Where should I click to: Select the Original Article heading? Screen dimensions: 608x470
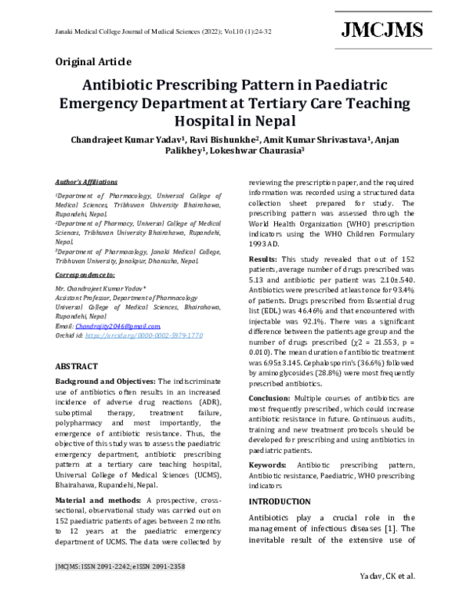93,61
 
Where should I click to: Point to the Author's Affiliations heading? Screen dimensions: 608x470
86,180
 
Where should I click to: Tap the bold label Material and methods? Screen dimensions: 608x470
99,499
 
